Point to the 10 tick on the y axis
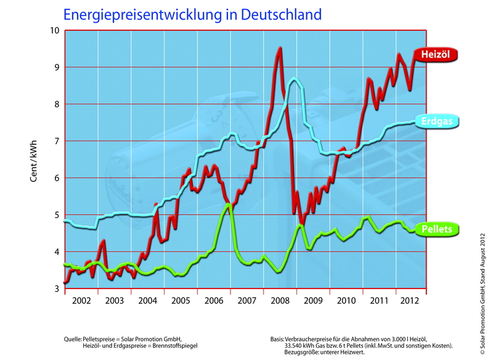click(54, 31)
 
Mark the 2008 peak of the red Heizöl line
click(280, 48)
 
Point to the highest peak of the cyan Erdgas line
click(295, 78)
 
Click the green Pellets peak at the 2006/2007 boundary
click(228, 204)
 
